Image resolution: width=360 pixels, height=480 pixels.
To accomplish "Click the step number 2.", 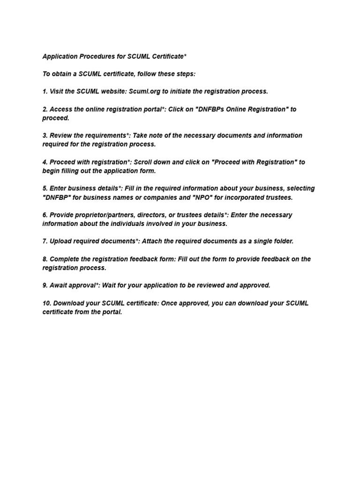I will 45,109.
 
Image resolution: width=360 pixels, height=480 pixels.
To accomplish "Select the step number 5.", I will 45,188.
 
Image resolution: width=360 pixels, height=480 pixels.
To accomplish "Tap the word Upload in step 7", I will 60,241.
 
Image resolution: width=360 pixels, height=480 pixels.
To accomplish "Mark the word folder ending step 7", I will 283,241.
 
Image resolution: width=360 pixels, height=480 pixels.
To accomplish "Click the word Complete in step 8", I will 65,259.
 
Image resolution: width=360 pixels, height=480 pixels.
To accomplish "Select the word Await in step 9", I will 59,285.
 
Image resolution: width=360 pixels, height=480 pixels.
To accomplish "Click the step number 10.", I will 46,303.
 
